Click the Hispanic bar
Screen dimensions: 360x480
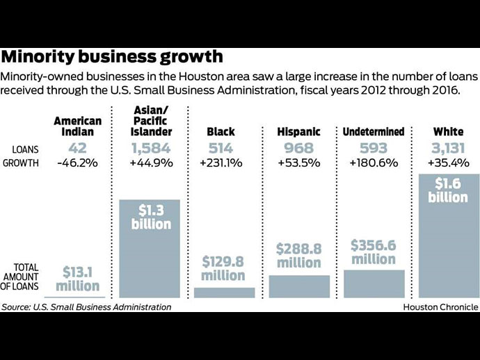[298, 286]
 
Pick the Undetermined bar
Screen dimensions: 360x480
[374, 284]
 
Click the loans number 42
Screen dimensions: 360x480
[77, 148]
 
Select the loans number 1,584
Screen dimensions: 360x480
[151, 148]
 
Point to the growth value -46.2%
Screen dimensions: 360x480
[77, 163]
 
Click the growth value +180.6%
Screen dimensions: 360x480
[374, 163]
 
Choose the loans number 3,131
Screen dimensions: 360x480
[449, 148]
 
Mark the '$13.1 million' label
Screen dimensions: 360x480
[77, 279]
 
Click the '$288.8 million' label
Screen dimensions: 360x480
[298, 255]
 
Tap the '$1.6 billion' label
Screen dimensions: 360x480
[449, 190]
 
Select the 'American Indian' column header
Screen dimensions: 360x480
[77, 126]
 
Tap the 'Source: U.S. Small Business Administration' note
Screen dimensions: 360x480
[86, 306]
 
